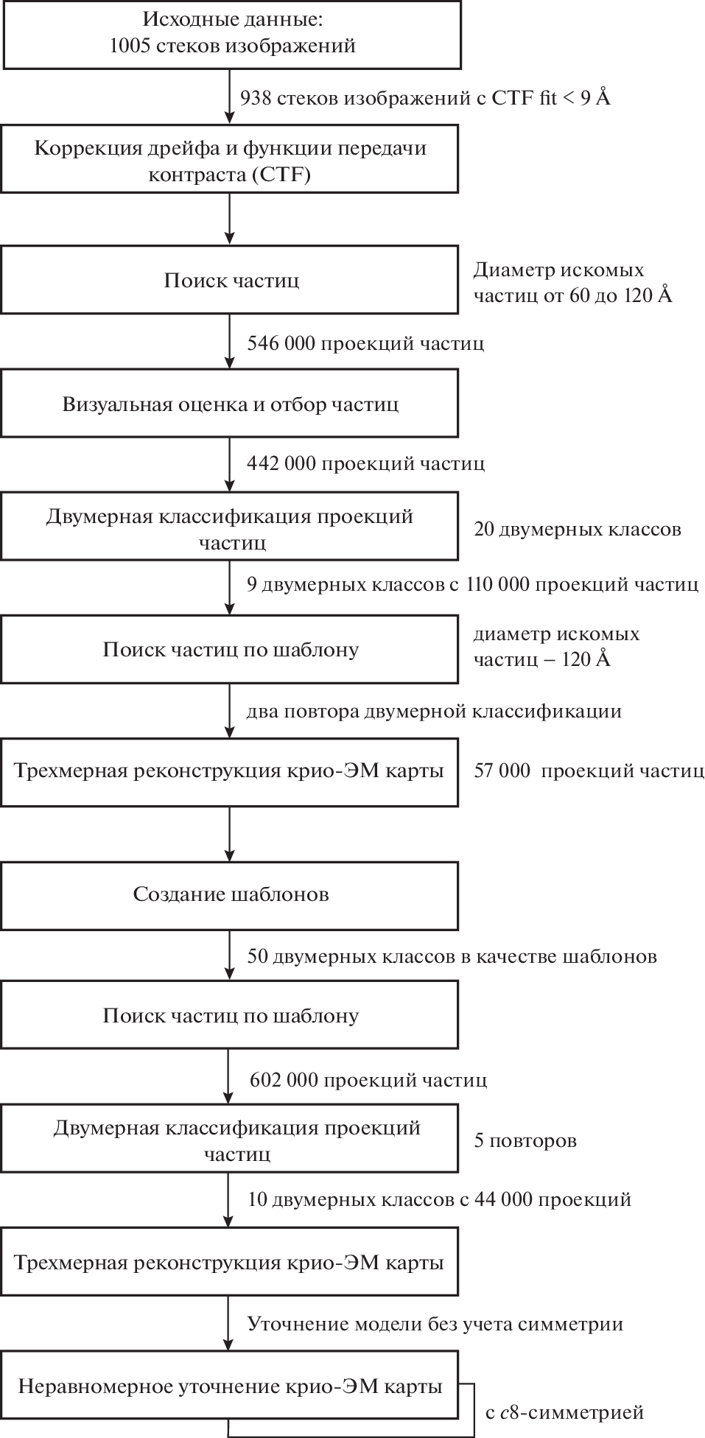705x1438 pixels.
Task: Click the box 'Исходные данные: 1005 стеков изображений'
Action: click(230, 35)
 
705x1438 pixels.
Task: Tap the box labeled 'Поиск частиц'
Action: click(230, 280)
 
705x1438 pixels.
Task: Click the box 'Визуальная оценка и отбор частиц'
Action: click(230, 404)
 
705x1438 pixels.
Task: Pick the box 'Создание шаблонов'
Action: click(230, 894)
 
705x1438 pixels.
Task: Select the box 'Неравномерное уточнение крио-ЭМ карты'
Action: click(230, 1386)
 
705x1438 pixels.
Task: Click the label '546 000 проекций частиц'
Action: click(365, 343)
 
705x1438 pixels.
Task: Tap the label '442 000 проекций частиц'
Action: click(365, 463)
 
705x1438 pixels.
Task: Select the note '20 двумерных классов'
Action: click(577, 529)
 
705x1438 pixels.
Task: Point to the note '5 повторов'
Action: click(525, 1140)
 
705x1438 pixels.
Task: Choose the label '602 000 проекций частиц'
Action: click(368, 1080)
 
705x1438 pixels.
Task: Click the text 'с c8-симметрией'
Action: click(564, 1412)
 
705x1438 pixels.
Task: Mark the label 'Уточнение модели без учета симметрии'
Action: click(435, 1324)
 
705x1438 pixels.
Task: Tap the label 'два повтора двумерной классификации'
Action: click(434, 711)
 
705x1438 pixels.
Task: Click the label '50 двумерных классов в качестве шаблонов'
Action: click(452, 956)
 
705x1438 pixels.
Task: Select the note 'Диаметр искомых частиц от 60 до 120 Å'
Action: click(572, 283)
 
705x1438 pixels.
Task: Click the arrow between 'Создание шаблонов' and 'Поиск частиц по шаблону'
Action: click(230, 955)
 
